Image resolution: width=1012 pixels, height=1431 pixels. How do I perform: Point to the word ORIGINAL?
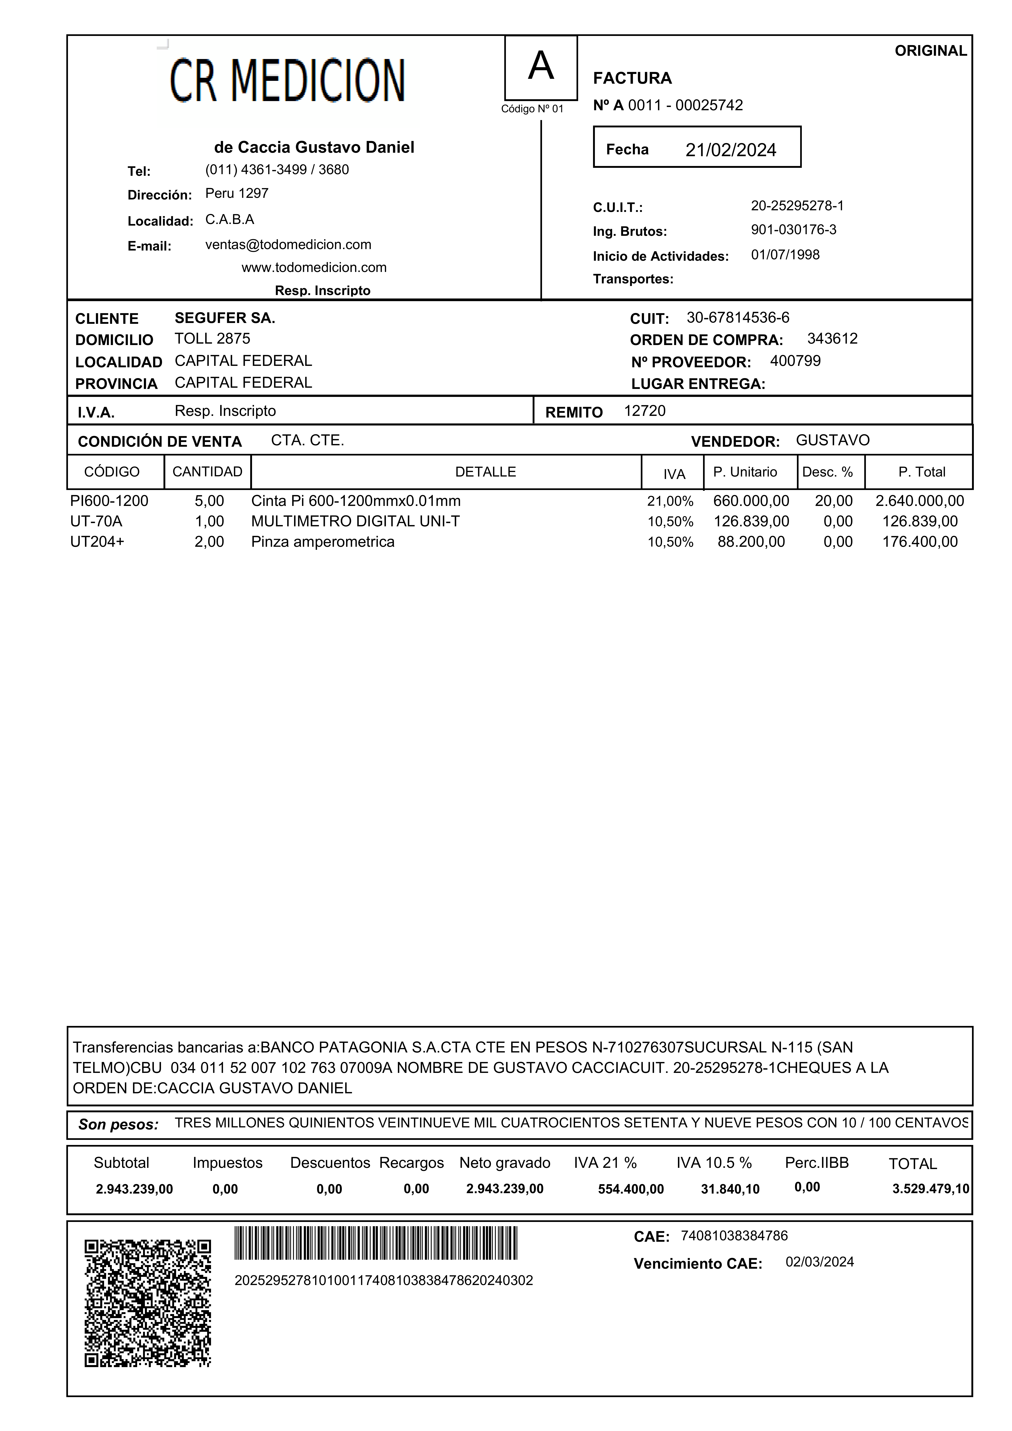(930, 51)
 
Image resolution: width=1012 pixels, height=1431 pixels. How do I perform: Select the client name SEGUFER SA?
(224, 318)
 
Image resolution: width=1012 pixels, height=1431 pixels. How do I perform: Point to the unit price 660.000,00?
(751, 501)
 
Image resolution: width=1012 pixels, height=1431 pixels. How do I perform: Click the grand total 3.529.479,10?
(930, 1189)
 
